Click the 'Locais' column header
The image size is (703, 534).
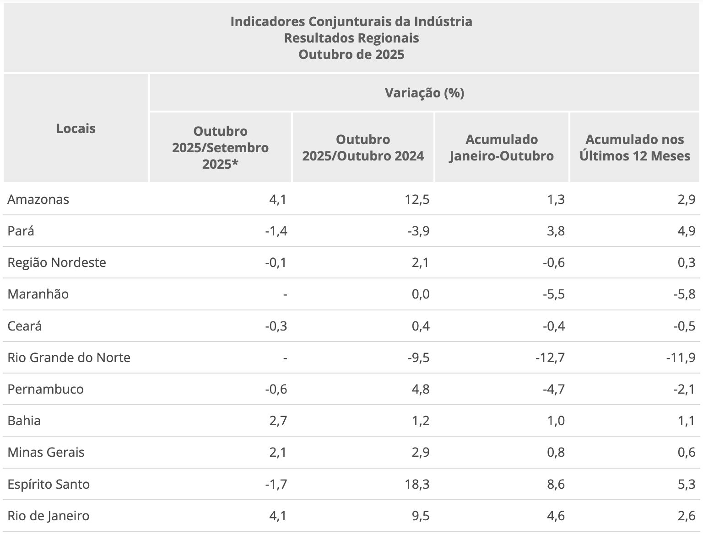(76, 128)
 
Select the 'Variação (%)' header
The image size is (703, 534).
(424, 93)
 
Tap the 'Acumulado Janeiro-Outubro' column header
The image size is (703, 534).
(502, 148)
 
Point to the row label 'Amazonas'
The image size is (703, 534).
(38, 200)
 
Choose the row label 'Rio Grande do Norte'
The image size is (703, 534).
(69, 358)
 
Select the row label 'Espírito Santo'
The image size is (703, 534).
(49, 484)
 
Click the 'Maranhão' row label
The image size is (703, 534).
(38, 294)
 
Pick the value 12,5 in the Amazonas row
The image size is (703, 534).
(417, 200)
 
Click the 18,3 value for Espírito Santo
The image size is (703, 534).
(417, 484)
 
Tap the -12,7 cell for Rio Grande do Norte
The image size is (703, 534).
(550, 358)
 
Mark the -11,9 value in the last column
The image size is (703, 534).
(681, 358)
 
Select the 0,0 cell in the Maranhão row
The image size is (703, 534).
(420, 294)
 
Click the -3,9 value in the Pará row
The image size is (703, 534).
(418, 231)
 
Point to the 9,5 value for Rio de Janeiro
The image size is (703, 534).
(420, 516)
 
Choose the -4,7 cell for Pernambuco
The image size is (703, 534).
(553, 389)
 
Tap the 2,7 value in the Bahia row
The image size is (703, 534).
(278, 421)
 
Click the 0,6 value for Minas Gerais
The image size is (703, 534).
(686, 452)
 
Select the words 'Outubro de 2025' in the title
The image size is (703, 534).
(351, 54)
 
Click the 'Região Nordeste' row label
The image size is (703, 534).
(57, 263)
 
